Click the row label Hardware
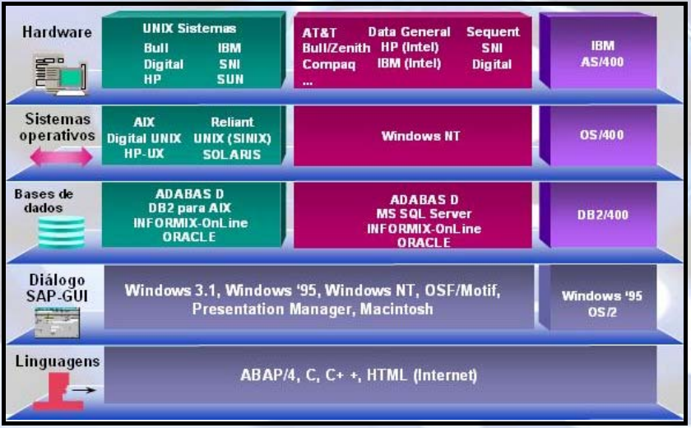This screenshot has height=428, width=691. tap(58, 32)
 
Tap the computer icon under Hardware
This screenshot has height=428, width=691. tap(60, 74)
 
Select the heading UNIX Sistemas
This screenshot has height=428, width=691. tap(189, 29)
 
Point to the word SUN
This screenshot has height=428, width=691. tap(230, 79)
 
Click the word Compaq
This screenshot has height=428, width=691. tap(329, 65)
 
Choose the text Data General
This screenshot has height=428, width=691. tap(409, 32)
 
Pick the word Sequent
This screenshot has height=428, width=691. tap(493, 32)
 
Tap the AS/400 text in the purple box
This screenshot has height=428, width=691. tap(602, 62)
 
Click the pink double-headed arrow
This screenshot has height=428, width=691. tap(61, 156)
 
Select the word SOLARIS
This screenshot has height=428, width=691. tap(232, 155)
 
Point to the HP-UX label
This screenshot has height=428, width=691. tap(144, 153)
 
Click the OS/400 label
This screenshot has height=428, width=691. tap(602, 135)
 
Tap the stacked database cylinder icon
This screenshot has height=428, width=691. tap(61, 232)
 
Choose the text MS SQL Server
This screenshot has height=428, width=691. tap(424, 214)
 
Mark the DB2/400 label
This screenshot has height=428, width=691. tap(602, 215)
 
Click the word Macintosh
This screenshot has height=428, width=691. tap(397, 309)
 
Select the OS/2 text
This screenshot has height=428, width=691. tap(602, 312)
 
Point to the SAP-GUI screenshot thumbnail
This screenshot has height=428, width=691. tap(58, 323)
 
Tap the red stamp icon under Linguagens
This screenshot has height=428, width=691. tap(58, 392)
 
